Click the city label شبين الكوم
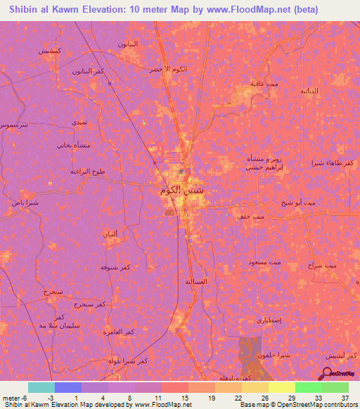[x=181, y=189]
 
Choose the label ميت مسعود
[x=264, y=262]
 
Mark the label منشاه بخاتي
[x=72, y=145]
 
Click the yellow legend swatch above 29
[x=282, y=387]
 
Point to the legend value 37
[x=344, y=398]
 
